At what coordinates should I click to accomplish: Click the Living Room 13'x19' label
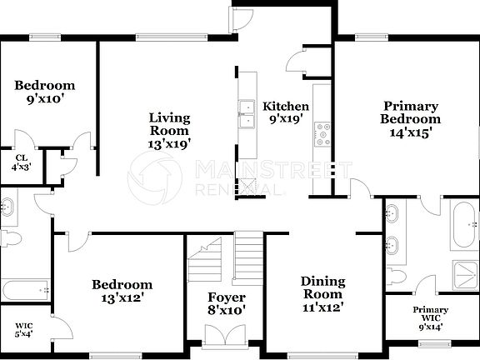(170, 130)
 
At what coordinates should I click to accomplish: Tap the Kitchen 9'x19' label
(286, 112)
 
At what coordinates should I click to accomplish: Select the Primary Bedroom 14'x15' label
(411, 118)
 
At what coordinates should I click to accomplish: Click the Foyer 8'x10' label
(225, 304)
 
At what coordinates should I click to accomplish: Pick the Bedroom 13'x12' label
(122, 290)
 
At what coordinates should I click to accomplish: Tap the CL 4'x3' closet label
(18, 162)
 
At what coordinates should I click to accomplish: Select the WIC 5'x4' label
(23, 331)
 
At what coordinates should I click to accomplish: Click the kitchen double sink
(247, 115)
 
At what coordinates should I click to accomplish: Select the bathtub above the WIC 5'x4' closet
(25, 291)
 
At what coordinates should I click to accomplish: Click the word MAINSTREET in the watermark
(271, 171)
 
